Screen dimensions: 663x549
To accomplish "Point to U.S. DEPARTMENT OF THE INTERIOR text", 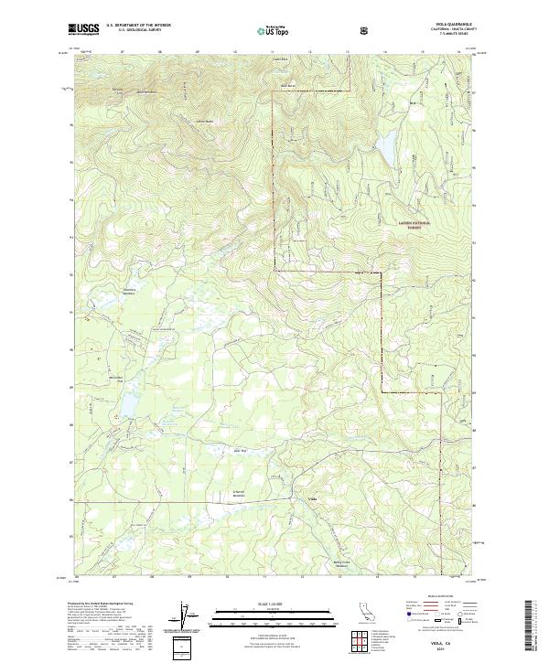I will (x=139, y=25).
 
